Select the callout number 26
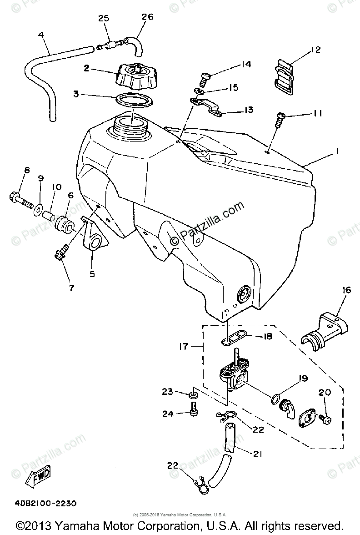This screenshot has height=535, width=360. coord(147,17)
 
